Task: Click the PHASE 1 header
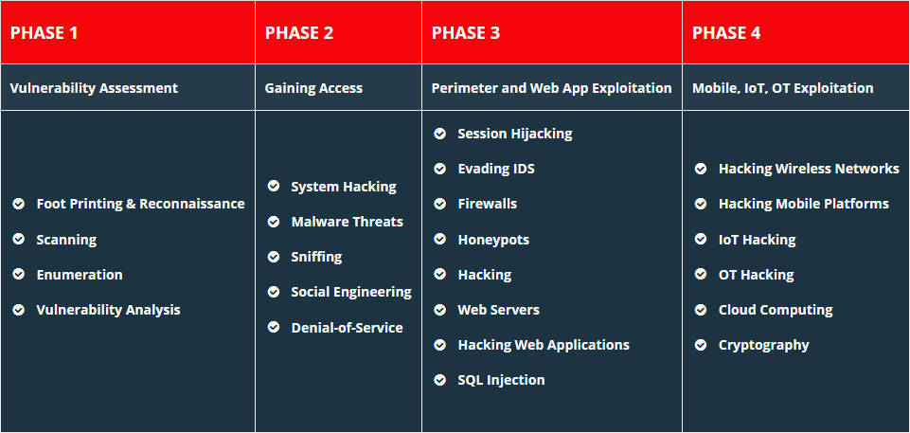(x=45, y=32)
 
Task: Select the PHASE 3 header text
(x=466, y=32)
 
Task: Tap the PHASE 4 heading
(x=726, y=32)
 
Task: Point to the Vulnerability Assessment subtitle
(x=94, y=88)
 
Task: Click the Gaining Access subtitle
(x=313, y=88)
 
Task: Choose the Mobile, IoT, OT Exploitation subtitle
(x=782, y=88)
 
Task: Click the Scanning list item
(x=66, y=240)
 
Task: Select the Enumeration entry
(x=80, y=275)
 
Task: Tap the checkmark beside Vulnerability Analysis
(x=19, y=310)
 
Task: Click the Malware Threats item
(x=348, y=222)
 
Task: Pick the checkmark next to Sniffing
(x=274, y=257)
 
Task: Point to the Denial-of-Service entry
(x=348, y=328)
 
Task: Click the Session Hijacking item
(x=515, y=134)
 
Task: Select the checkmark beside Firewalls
(x=440, y=205)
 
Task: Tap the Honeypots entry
(x=493, y=240)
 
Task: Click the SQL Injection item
(x=502, y=380)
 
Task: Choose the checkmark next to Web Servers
(x=440, y=310)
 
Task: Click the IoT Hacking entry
(x=757, y=240)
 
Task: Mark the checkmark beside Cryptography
(x=701, y=345)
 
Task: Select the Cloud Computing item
(x=776, y=310)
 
